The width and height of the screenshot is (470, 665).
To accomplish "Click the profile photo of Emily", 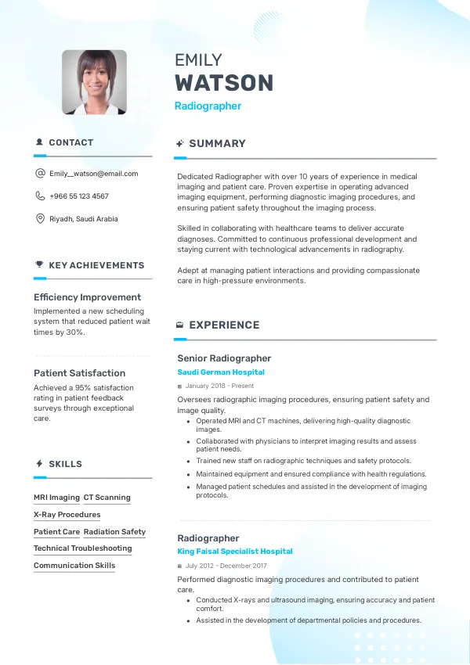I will (94, 82).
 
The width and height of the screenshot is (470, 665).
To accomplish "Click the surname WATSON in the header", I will (224, 83).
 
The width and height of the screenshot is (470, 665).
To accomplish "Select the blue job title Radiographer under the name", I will (208, 106).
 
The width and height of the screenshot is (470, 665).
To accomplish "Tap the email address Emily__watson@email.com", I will (93, 174).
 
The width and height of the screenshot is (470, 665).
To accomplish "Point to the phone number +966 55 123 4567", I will (79, 196).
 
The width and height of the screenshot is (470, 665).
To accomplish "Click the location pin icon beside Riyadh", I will (40, 219).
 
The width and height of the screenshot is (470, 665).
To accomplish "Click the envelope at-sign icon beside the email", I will (40, 174).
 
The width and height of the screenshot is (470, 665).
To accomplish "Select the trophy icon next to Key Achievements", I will (39, 265).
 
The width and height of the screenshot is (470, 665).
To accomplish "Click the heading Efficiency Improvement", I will (87, 297).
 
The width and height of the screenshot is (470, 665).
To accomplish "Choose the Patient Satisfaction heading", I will (79, 373).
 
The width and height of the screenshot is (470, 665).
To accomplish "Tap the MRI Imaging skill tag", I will (56, 498).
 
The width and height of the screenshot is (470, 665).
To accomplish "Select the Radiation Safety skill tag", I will (114, 532).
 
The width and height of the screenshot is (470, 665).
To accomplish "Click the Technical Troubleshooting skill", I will (82, 548).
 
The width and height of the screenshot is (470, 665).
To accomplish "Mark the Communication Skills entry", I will (74, 566).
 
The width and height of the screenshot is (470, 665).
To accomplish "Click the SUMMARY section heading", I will (217, 144).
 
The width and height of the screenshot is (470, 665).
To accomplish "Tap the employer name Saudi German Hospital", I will (221, 372).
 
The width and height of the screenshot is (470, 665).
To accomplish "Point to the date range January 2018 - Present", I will (219, 386).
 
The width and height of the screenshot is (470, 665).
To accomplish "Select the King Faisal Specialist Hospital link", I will (235, 552).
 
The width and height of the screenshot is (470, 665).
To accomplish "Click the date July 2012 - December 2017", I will (226, 565).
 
